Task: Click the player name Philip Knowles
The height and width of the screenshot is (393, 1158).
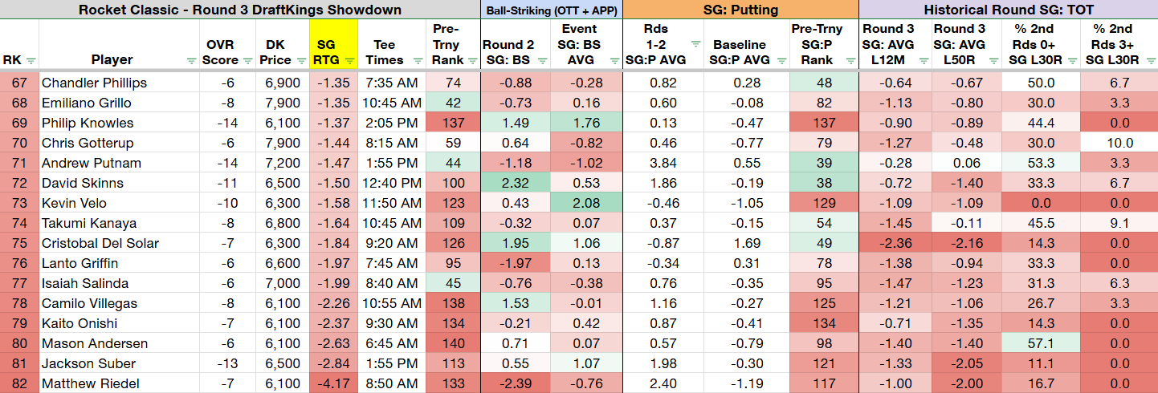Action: (88, 123)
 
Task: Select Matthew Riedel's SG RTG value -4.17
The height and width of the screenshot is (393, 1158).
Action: (333, 383)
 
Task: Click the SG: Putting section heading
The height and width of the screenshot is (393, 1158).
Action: (740, 10)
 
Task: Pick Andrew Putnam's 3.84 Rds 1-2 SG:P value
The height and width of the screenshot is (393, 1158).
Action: (663, 163)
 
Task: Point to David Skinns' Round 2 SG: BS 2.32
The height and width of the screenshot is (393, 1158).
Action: (515, 184)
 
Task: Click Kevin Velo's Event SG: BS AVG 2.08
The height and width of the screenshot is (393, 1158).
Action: (586, 204)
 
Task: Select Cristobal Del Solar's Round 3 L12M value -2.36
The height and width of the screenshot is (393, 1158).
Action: (895, 243)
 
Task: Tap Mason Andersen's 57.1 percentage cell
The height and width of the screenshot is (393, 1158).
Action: (1041, 343)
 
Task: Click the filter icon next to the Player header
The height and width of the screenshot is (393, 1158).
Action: (191, 61)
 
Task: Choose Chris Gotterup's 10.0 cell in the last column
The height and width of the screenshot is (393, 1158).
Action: (1119, 143)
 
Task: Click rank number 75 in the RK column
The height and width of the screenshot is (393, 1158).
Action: (19, 243)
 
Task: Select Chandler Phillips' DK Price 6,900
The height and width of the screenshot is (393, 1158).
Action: (282, 83)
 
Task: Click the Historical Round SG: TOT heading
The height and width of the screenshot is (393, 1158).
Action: (1009, 10)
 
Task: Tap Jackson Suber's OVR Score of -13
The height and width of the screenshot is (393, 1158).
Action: (227, 363)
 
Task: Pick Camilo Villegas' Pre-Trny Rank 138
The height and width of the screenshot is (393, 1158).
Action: (454, 303)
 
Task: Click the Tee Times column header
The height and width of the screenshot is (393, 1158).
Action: (384, 52)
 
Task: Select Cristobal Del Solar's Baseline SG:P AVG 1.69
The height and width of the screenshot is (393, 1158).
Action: (747, 243)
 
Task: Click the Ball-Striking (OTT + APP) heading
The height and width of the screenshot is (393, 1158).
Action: (552, 10)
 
